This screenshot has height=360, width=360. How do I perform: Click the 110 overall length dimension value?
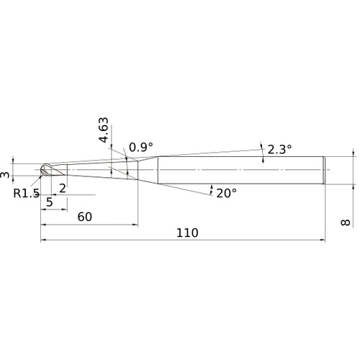[187, 233]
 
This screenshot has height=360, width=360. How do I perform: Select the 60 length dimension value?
[85, 217]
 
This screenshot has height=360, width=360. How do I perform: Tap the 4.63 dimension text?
[104, 130]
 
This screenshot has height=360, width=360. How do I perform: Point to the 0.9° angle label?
[141, 147]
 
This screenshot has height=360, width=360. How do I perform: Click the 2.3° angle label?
[279, 149]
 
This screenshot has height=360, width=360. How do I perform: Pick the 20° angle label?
[227, 193]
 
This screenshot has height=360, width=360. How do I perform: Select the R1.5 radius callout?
[27, 193]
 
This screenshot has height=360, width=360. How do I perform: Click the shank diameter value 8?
[346, 222]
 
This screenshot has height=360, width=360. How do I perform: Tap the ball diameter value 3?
[5, 175]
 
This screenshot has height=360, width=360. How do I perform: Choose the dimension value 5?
[50, 202]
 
